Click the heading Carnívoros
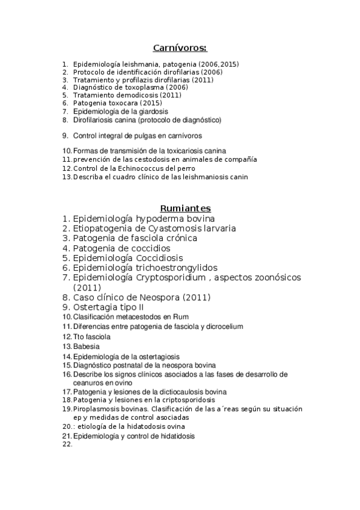(x=180, y=48)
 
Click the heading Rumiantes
(x=180, y=208)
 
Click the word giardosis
(x=152, y=111)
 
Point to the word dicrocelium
(x=222, y=327)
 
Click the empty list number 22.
(x=67, y=444)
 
